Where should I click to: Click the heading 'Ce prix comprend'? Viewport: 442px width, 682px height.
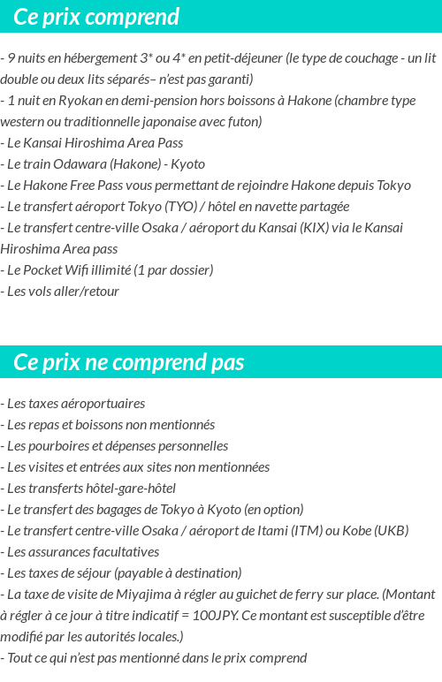[96, 17]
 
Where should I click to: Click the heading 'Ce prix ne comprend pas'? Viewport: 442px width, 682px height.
[129, 362]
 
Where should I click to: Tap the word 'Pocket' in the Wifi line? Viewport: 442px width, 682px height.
[45, 270]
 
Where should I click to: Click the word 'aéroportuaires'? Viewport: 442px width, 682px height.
[103, 404]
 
